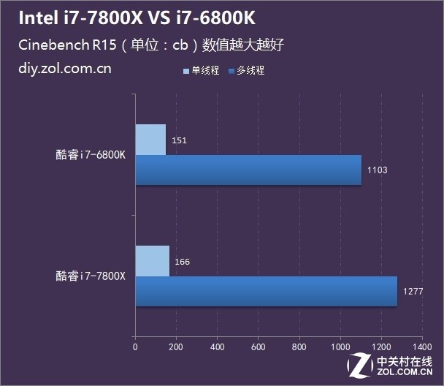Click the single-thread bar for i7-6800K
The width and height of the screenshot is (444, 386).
click(x=150, y=139)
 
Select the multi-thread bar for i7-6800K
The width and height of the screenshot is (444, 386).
click(x=248, y=170)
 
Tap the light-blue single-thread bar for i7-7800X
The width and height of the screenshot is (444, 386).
click(x=152, y=261)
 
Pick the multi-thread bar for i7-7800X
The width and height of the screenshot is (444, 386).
click(x=266, y=291)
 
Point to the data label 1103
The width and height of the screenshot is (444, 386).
click(x=377, y=170)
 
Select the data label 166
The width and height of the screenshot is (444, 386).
click(x=182, y=261)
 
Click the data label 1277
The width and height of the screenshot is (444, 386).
click(x=412, y=292)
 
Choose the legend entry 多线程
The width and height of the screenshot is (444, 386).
click(x=249, y=71)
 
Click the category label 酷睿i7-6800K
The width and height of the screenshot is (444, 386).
click(x=91, y=154)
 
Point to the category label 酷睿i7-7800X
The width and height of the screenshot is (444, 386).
click(x=91, y=276)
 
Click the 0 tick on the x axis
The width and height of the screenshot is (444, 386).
click(x=135, y=348)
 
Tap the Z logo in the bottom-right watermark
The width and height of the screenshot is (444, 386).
click(x=359, y=363)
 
